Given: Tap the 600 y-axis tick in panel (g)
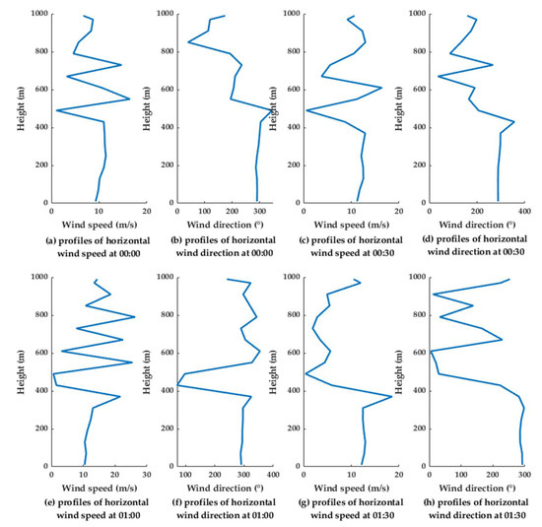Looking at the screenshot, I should (x=293, y=353).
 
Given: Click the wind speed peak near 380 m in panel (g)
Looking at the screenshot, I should (x=392, y=396).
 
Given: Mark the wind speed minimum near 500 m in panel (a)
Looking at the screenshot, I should (x=56, y=110).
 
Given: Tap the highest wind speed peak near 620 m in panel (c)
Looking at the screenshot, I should (x=381, y=88).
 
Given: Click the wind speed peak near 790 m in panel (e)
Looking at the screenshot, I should (x=134, y=317).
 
